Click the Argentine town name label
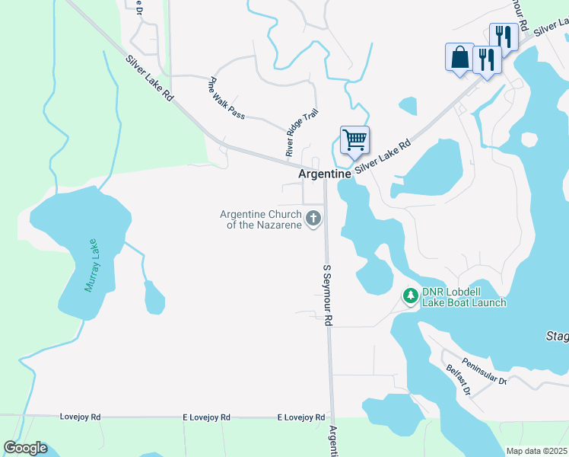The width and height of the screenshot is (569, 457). (x=325, y=174)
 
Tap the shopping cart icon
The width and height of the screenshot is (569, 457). (x=354, y=140)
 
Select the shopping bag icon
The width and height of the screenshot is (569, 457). (x=459, y=57)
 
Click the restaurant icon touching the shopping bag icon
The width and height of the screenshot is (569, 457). (x=487, y=59)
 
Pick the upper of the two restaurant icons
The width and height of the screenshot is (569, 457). (x=504, y=35)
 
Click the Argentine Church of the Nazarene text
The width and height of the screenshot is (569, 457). (x=260, y=219)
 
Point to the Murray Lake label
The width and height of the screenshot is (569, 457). (x=92, y=265)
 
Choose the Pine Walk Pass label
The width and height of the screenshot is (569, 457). (x=227, y=98)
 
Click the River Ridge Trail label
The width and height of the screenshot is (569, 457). (x=301, y=133)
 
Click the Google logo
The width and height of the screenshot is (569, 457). (x=25, y=448)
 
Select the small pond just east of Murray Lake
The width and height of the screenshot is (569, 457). (x=154, y=298)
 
